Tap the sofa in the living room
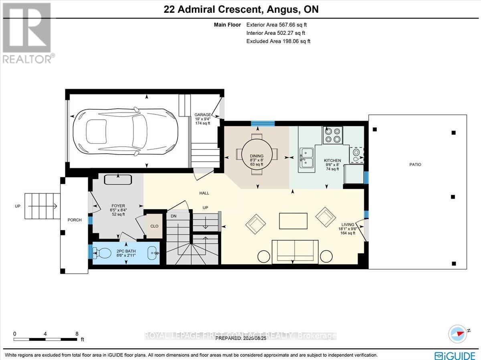295,251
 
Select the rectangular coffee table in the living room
293,221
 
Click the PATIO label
416,165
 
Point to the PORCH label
75,220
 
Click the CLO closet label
154,226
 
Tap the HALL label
204,193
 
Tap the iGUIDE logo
456,355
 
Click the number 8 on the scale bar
77,334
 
